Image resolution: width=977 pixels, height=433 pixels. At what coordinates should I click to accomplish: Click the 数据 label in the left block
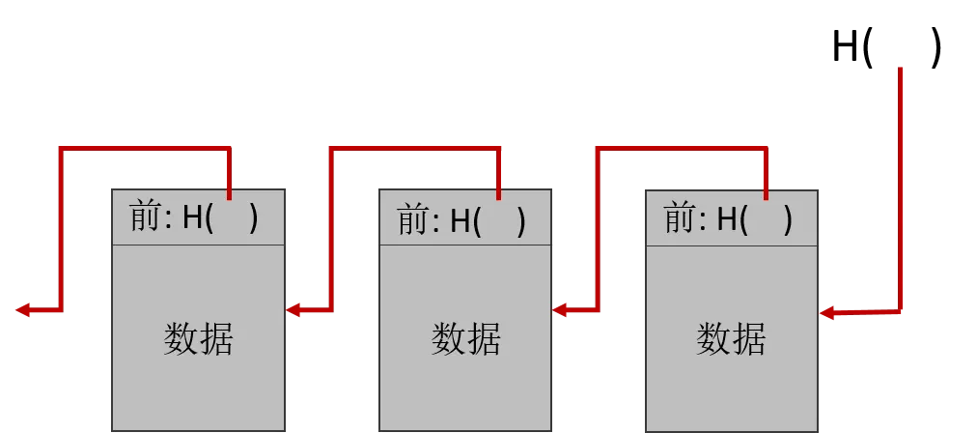click(x=198, y=339)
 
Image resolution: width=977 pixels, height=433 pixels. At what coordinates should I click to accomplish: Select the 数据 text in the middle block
click(x=465, y=339)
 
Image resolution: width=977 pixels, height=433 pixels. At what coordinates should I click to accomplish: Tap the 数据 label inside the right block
click(x=731, y=339)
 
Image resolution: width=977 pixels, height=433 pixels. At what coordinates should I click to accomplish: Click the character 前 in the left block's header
click(x=145, y=217)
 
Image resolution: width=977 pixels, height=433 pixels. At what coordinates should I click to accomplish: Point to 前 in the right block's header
click(x=679, y=219)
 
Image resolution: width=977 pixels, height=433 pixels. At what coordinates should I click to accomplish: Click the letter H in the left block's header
click(x=193, y=218)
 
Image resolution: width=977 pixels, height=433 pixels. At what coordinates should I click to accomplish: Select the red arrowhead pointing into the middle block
click(x=561, y=311)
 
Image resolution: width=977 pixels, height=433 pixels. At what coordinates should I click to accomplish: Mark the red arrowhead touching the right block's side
click(x=827, y=312)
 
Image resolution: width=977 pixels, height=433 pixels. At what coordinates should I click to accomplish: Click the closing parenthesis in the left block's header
click(x=254, y=219)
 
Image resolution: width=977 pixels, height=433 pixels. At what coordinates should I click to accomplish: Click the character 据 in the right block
click(x=749, y=339)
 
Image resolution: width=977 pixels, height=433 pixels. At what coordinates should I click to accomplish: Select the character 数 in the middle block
click(x=448, y=339)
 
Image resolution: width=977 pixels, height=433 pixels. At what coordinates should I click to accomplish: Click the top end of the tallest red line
click(x=900, y=66)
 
